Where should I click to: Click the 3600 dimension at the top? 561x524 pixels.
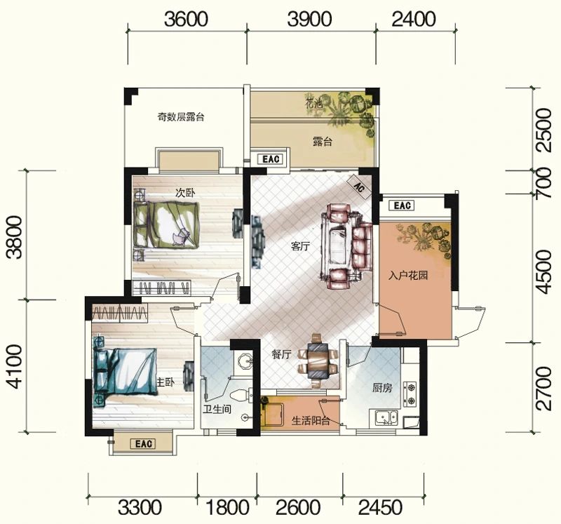coord(187,19)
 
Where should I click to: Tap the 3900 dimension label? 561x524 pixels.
coord(310,19)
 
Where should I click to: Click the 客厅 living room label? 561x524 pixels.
coord(300,247)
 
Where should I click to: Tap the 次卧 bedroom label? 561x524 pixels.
coord(184,191)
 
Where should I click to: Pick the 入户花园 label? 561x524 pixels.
coord(408,276)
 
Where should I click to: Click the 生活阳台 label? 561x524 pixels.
coord(311,422)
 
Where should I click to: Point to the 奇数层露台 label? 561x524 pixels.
coord(180,117)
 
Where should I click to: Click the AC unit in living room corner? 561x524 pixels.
coord(358,187)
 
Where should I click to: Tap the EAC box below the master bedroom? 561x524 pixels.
coord(143,444)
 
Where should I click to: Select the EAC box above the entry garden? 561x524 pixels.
coord(403,206)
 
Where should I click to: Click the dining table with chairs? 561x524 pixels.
coord(315,361)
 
